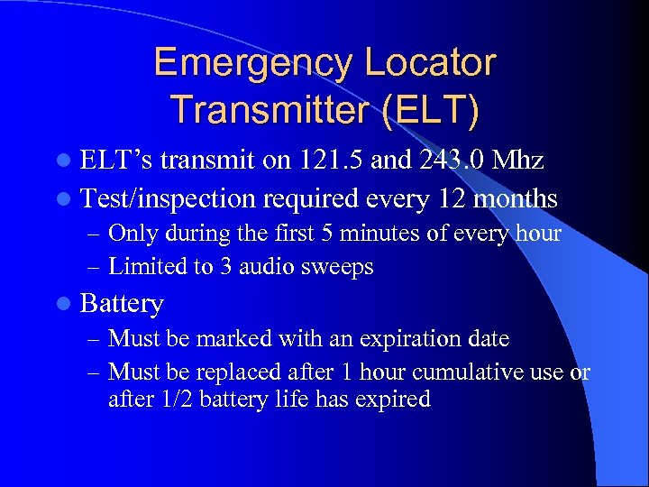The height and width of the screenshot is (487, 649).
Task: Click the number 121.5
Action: (x=332, y=161)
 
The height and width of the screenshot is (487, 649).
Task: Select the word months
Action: (x=513, y=198)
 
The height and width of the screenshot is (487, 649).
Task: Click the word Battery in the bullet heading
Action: (x=122, y=305)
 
